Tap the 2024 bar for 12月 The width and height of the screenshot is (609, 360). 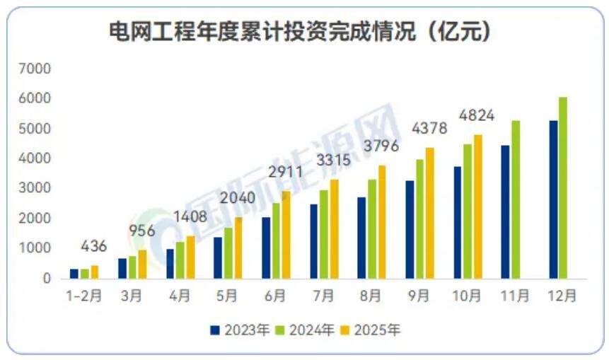562,187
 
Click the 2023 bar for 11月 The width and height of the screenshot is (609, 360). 505,211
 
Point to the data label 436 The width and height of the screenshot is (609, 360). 94,247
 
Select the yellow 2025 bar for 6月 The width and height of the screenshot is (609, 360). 286,234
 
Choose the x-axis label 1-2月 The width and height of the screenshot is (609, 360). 85,296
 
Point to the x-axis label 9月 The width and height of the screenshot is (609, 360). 419,296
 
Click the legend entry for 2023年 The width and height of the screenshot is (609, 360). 240,329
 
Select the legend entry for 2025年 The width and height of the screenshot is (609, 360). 375,329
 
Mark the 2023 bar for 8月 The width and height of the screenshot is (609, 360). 361,238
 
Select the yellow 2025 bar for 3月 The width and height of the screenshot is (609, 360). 142,264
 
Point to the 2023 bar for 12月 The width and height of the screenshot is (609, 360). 553,199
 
